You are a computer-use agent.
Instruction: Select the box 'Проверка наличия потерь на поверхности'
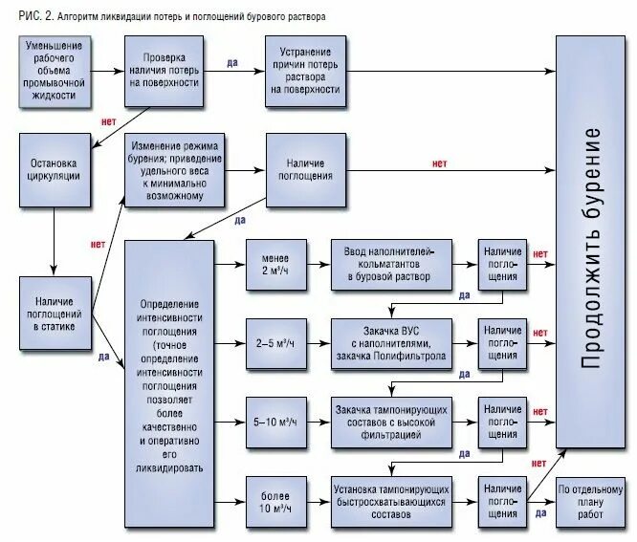click(x=164, y=71)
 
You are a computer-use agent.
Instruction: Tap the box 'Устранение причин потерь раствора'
click(x=304, y=71)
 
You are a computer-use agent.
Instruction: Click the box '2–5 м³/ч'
click(x=275, y=342)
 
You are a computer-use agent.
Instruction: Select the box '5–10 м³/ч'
click(x=275, y=422)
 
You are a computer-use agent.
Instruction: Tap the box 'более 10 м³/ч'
click(x=275, y=501)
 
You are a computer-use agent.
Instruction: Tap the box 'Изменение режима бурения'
click(x=174, y=170)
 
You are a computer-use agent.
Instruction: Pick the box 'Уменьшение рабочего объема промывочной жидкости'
click(x=54, y=71)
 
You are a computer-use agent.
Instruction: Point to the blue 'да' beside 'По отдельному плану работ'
click(x=540, y=513)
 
